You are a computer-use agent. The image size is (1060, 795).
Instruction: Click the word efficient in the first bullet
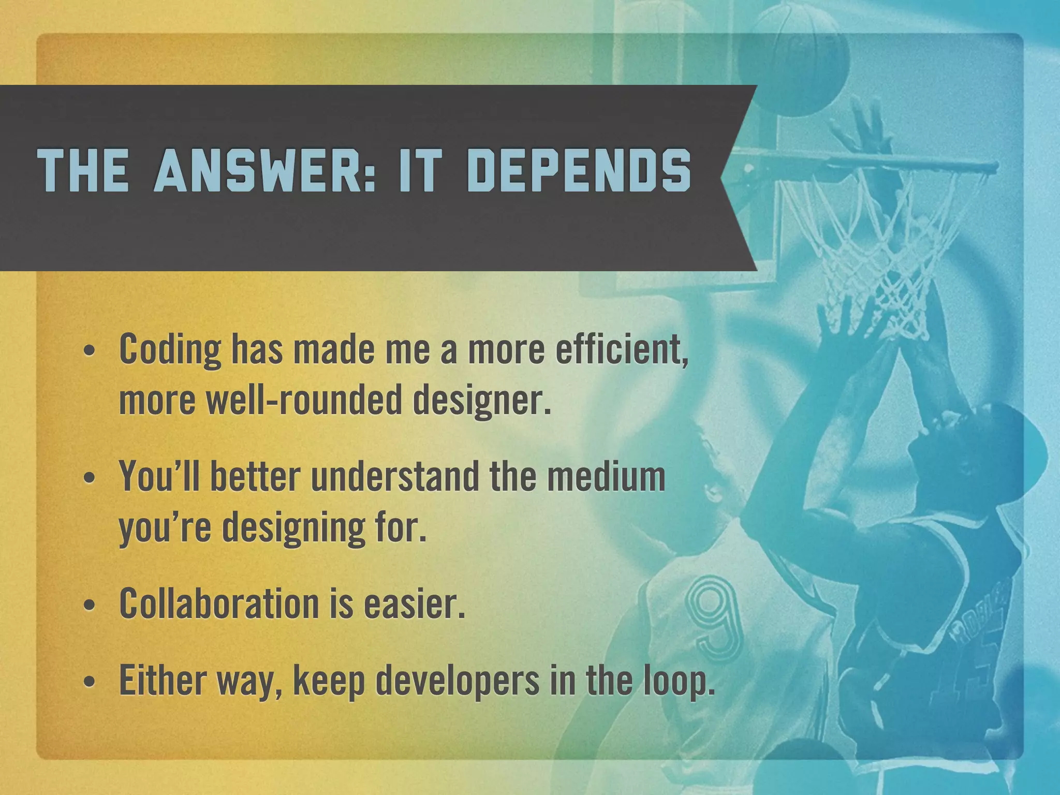pos(622,350)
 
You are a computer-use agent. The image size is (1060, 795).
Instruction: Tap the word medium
pos(606,476)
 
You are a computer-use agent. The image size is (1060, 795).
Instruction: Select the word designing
pos(294,528)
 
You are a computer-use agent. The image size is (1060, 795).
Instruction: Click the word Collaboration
pos(218,603)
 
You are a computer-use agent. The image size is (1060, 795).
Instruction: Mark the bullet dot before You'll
pos(90,478)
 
